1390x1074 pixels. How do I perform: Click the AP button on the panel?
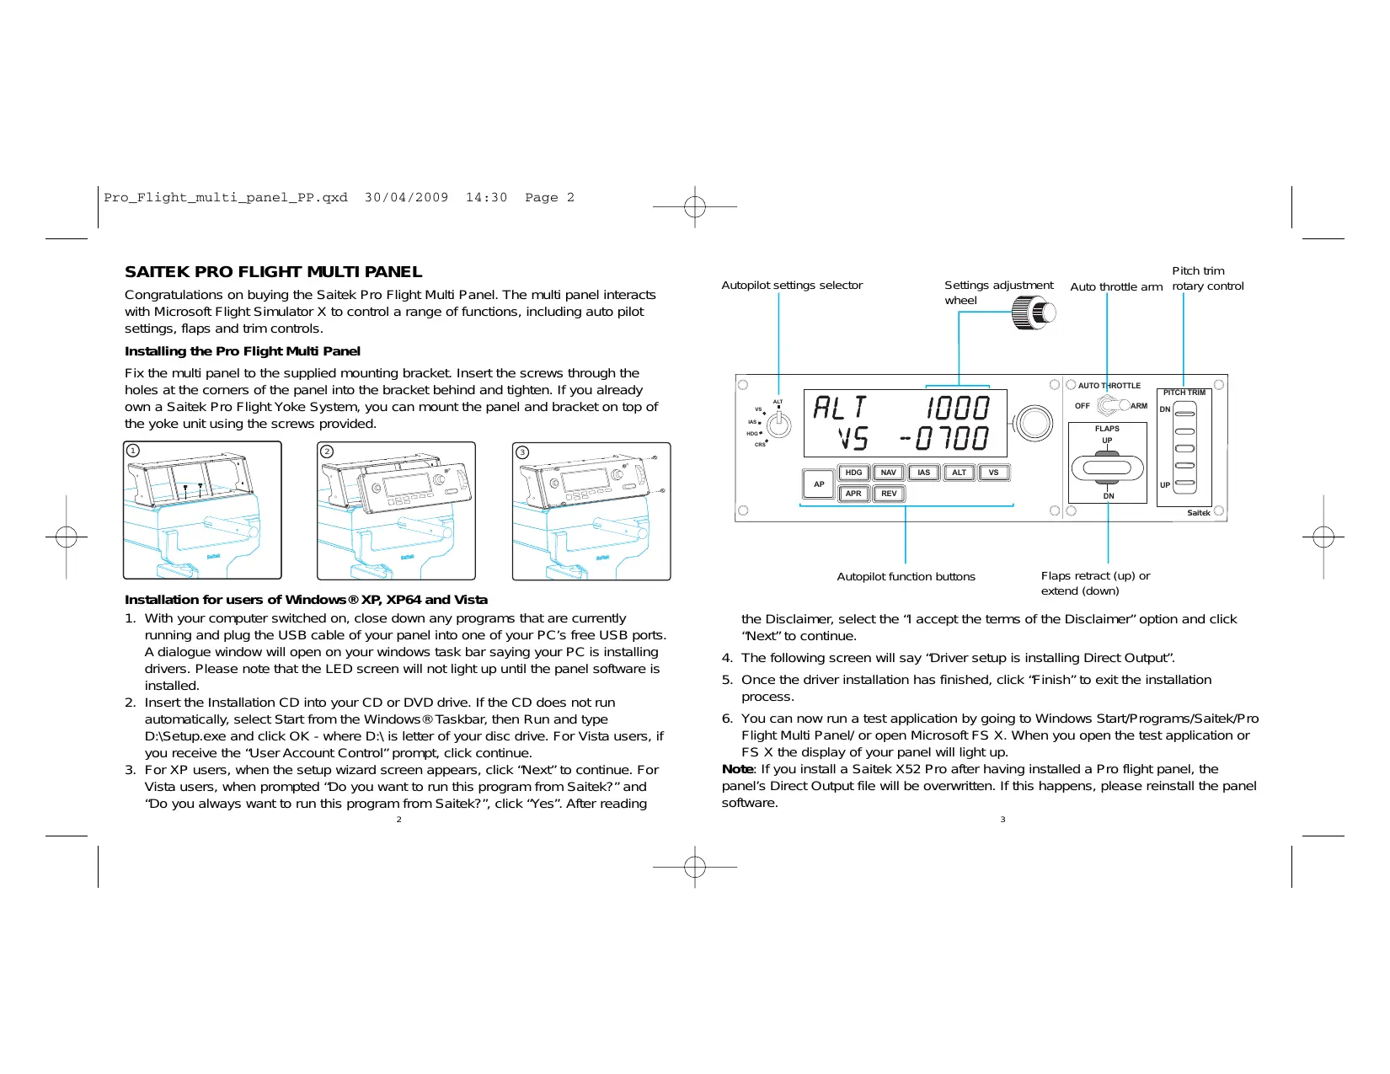(x=818, y=484)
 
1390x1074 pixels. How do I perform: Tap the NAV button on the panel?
(x=888, y=473)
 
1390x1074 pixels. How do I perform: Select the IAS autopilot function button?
(x=923, y=473)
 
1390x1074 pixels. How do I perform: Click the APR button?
(x=853, y=494)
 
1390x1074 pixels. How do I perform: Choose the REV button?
(x=889, y=494)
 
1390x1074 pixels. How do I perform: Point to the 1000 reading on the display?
(x=958, y=409)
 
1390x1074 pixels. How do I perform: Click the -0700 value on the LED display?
(x=945, y=439)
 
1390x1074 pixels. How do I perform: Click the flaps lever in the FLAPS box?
(x=1107, y=468)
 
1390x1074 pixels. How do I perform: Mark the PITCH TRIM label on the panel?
(x=1184, y=393)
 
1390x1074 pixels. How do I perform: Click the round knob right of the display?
(x=1034, y=423)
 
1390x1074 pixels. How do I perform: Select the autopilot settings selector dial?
(x=779, y=425)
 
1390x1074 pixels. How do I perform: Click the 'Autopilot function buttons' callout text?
(x=906, y=577)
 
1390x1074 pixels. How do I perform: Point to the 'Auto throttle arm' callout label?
(x=1116, y=287)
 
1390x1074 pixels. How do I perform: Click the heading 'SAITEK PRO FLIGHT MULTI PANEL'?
(x=273, y=272)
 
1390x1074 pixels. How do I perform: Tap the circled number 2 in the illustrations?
(x=327, y=452)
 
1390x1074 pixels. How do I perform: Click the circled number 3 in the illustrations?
(x=522, y=452)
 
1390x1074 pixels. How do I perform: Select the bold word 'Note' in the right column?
(x=737, y=769)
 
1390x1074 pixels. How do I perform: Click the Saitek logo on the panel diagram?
(x=1198, y=513)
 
